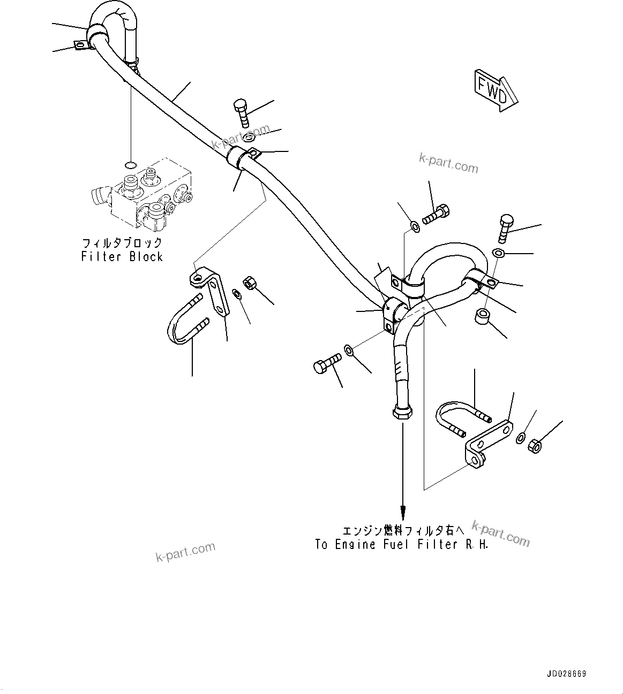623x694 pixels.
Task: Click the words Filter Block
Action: tap(122, 257)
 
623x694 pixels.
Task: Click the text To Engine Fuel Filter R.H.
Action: tap(402, 545)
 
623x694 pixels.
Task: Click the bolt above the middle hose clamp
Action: tap(241, 111)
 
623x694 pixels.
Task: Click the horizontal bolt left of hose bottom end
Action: tap(326, 363)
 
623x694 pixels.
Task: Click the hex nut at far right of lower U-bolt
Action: tap(535, 445)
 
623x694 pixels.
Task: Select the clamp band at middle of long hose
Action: tap(236, 157)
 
